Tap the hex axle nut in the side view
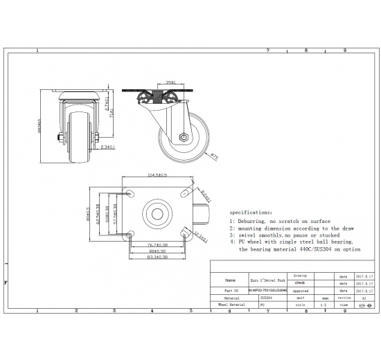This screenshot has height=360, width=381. [x=184, y=136]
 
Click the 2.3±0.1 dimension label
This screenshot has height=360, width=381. [x=107, y=147]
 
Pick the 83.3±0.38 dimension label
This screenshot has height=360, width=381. [x=157, y=258]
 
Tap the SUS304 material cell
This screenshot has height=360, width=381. [x=267, y=298]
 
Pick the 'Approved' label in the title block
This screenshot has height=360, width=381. [x=301, y=291]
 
